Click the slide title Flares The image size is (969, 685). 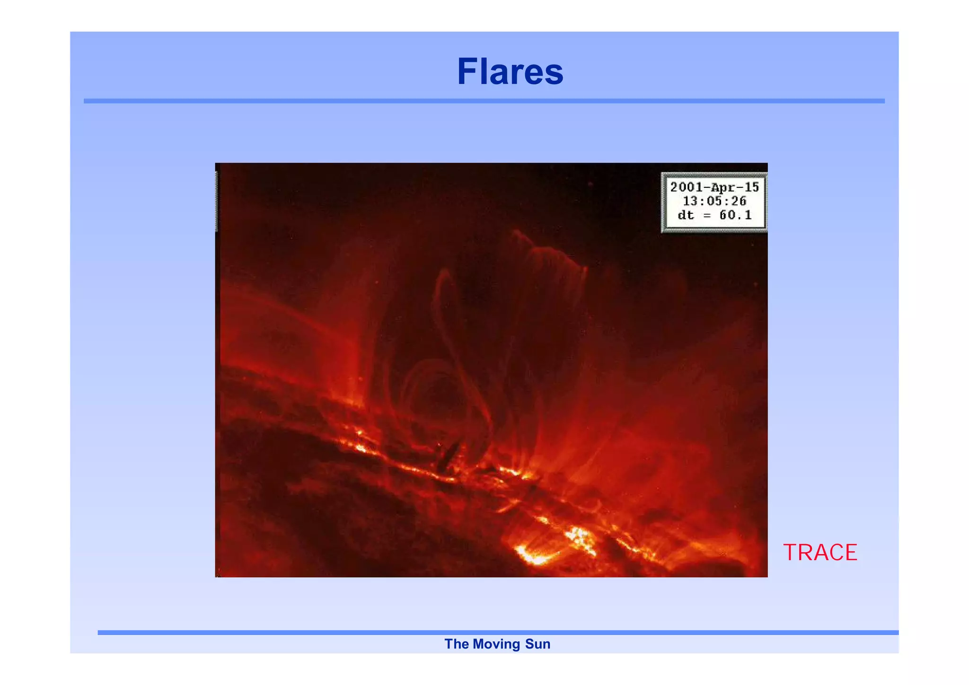tap(510, 72)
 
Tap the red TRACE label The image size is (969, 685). tap(820, 553)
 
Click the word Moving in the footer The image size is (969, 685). tap(496, 644)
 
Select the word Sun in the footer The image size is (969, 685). tap(538, 644)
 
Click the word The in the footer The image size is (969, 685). tap(456, 644)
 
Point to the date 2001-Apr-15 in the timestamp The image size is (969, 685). tap(714, 187)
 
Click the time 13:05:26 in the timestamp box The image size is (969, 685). tap(714, 201)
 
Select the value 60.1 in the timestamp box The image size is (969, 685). tap(735, 215)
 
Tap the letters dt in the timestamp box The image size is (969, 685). tap(686, 215)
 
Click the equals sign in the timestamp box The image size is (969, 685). tap(707, 216)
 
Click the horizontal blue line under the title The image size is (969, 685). tap(484, 101)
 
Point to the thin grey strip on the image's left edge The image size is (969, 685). tap(217, 202)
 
